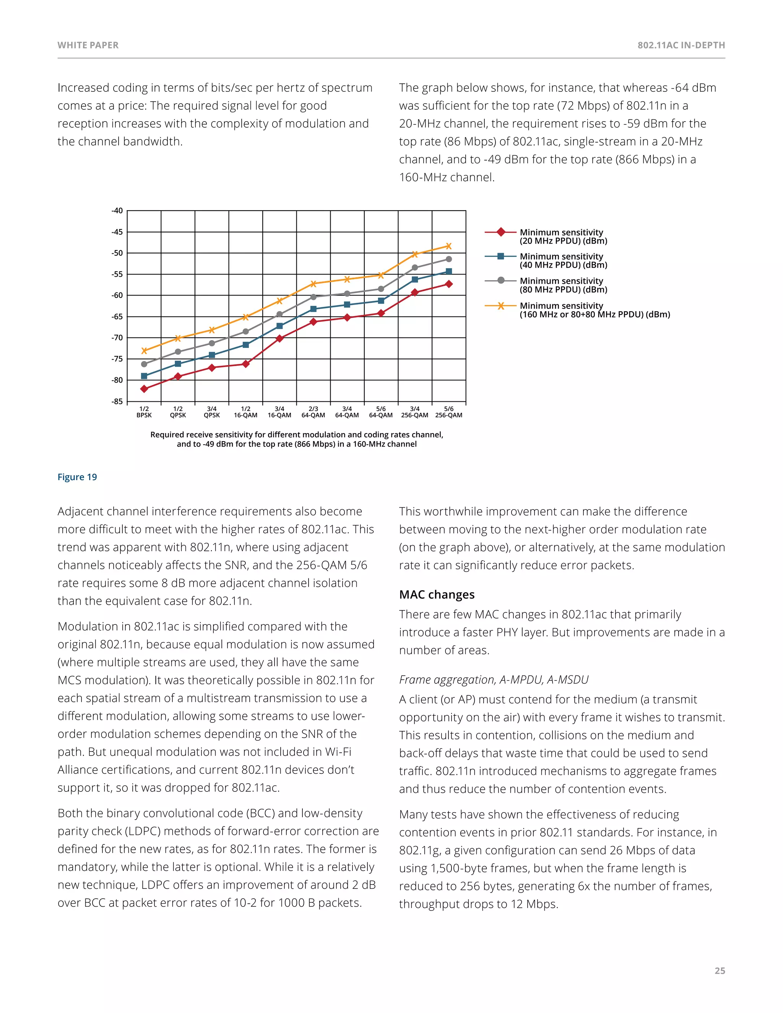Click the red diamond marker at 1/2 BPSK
144,389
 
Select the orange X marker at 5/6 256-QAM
448,246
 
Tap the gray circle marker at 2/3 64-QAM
314,297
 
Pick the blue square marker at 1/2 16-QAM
246,345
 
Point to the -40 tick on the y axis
117,211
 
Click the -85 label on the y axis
117,401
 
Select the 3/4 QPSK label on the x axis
212,412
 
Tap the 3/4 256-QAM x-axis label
415,412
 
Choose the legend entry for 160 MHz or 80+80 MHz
594,310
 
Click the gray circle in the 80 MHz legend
501,281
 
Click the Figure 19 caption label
77,477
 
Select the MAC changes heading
437,595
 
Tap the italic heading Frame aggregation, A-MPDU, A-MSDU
494,680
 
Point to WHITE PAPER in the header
88,45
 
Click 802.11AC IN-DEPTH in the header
681,45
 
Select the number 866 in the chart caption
302,444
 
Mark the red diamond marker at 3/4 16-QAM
280,339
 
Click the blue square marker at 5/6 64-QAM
381,301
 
